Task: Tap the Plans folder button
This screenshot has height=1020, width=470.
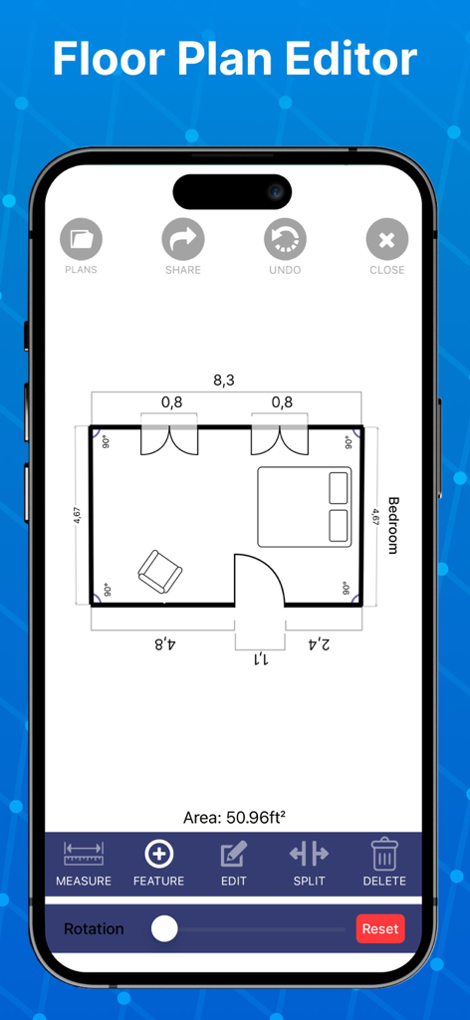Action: coord(81,240)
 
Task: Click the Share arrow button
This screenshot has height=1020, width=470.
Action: coord(183,240)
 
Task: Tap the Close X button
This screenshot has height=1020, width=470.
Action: coord(387,240)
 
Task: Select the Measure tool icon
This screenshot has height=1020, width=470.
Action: coord(84,855)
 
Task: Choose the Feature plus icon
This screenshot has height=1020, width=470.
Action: coord(159,855)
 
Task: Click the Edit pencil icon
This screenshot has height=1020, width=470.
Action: coord(234,855)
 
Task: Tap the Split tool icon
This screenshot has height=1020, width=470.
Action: coord(309,855)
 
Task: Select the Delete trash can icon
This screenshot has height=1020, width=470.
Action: coord(384,855)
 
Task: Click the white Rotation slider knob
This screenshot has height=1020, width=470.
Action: coord(164,928)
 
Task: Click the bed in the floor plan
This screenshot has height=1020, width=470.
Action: coord(306,507)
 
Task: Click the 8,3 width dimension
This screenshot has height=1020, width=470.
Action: coord(224,380)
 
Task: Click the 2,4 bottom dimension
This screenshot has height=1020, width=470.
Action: coord(319,643)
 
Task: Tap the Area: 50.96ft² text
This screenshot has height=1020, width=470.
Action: coord(235,818)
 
